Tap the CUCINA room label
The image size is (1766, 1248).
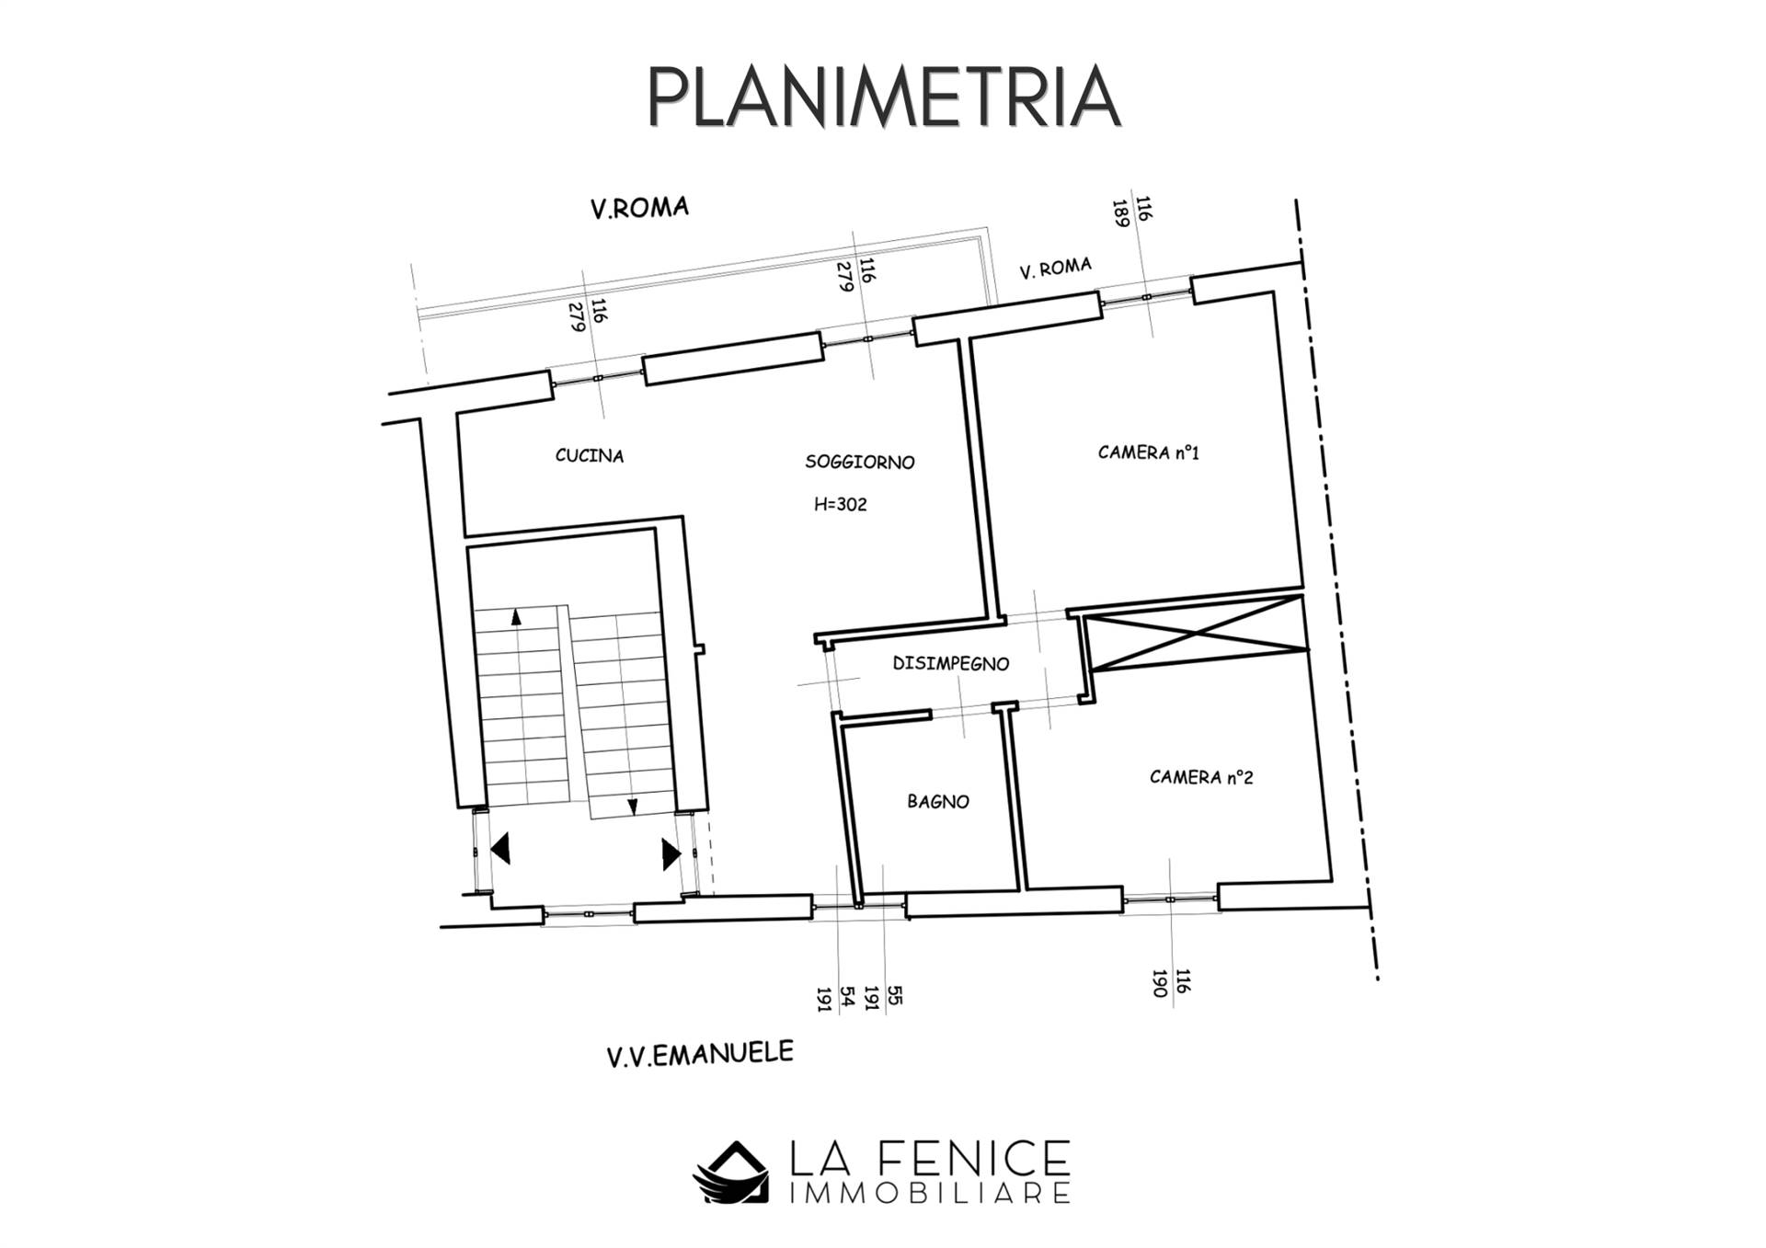pos(590,455)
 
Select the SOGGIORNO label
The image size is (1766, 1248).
pos(860,462)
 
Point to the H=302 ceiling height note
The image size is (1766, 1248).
pos(841,504)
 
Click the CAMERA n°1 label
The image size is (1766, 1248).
pos(1149,452)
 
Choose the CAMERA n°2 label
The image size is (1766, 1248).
pos(1201,777)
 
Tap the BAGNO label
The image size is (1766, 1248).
pos(938,802)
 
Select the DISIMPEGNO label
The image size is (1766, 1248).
pos(951,663)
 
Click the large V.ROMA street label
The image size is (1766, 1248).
pos(639,208)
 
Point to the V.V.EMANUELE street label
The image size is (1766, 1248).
pos(700,1054)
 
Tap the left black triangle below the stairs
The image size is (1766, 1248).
pos(500,848)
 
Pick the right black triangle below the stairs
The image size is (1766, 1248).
pos(671,853)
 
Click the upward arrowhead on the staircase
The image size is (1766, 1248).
pos(516,617)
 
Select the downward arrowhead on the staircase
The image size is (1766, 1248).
pos(633,807)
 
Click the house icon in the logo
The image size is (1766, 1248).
pos(731,1172)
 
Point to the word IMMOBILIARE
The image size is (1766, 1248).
pos(931,1194)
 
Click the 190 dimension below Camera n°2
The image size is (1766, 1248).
pos(1161,983)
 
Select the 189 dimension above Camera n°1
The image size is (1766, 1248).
pos(1120,213)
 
